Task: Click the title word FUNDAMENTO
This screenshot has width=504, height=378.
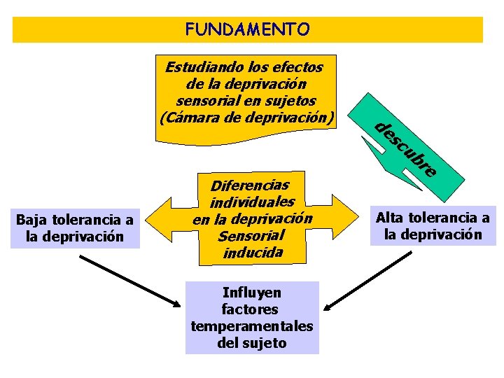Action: [x=247, y=29]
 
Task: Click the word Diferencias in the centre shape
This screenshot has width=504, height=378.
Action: [x=250, y=186]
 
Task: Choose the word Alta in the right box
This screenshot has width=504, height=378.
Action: [x=391, y=217]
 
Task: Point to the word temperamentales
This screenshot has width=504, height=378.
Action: [x=251, y=326]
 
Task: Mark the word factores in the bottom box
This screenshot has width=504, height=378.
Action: [x=250, y=309]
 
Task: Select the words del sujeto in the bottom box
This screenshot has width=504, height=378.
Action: [x=252, y=343]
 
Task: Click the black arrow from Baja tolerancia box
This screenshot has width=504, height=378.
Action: [x=130, y=280]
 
